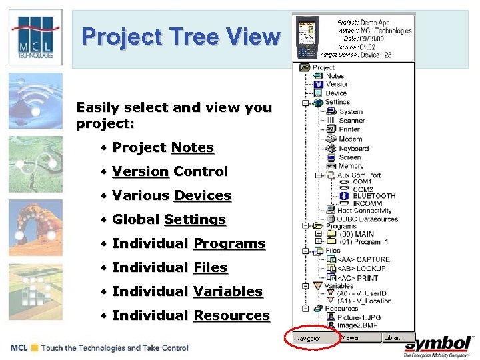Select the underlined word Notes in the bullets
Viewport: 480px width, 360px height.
click(x=192, y=147)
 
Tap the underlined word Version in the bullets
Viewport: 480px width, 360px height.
click(x=140, y=171)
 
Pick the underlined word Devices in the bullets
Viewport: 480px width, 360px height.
click(x=202, y=195)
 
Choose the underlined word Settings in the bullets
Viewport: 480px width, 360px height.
click(x=195, y=219)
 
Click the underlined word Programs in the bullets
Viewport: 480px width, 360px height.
click(x=229, y=243)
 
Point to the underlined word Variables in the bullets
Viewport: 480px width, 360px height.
click(x=227, y=291)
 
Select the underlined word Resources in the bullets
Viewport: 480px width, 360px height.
click(x=231, y=315)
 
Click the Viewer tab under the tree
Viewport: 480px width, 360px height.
click(x=351, y=337)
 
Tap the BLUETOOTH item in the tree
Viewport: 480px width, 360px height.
click(x=373, y=196)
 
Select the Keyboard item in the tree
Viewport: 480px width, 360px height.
click(x=353, y=149)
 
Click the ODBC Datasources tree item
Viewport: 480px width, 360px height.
click(x=367, y=219)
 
